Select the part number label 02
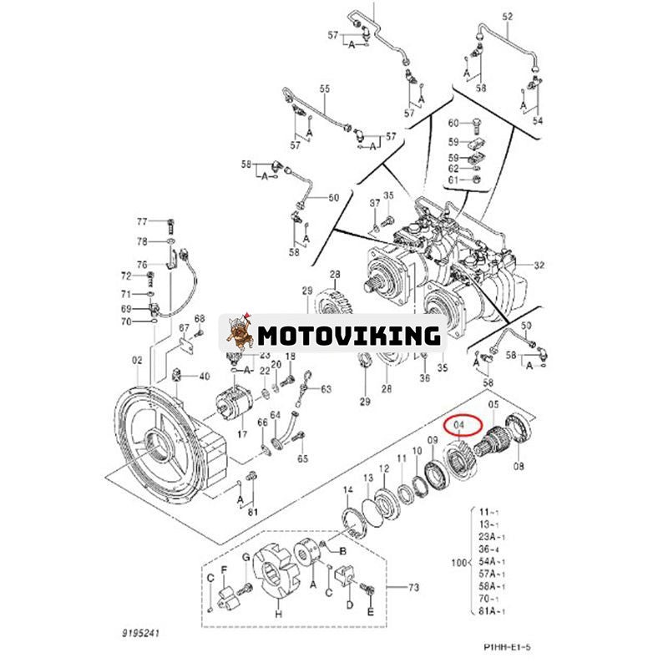pos(136,360)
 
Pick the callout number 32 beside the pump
pos(539,265)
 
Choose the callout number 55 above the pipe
pos(325,89)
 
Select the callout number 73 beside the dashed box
pos(412,588)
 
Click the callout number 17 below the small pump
pos(242,433)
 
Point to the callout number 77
pos(142,221)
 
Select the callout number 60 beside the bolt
pos(453,124)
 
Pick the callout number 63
pos(326,388)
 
